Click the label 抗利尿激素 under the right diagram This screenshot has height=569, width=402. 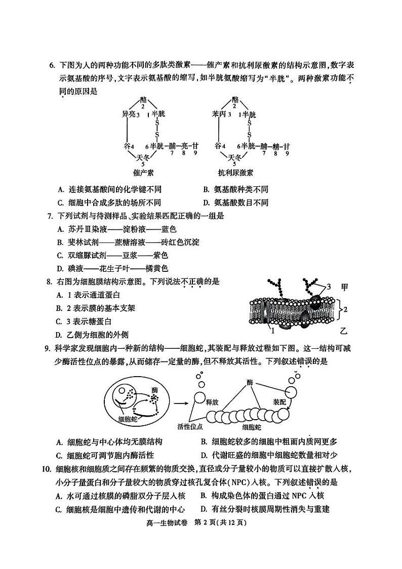(x=234, y=172)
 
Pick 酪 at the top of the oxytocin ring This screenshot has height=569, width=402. (x=143, y=100)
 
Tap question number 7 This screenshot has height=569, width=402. (x=50, y=216)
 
